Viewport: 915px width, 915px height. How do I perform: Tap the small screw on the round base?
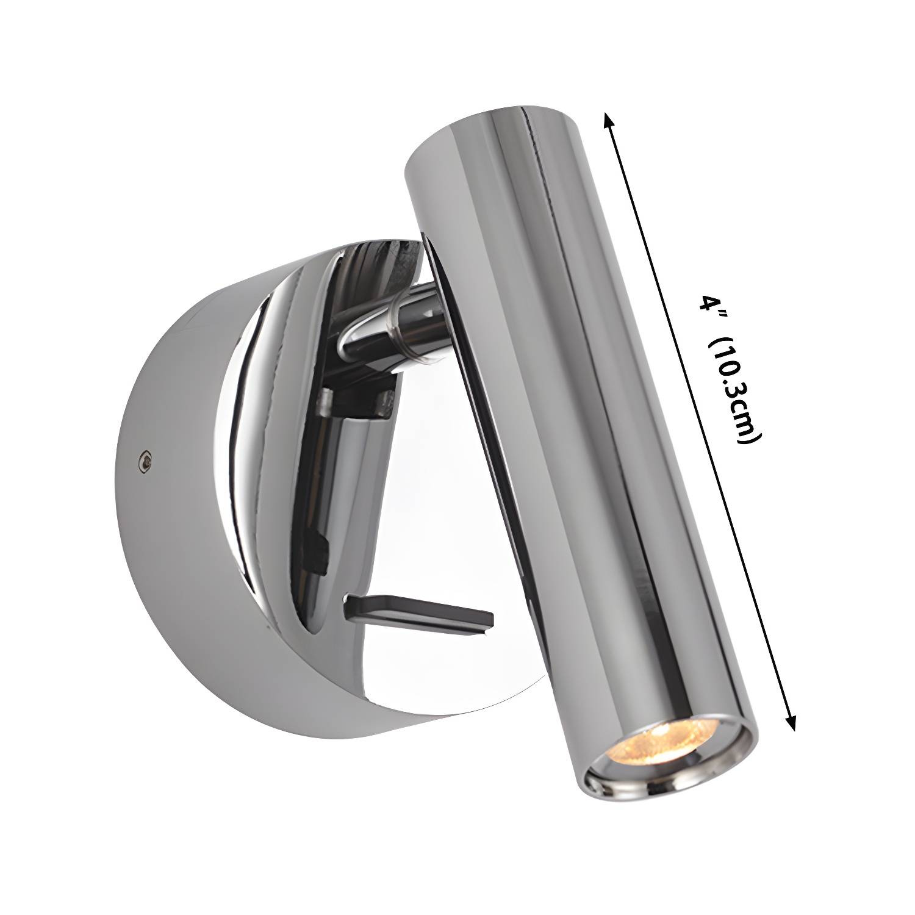pyautogui.click(x=145, y=462)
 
